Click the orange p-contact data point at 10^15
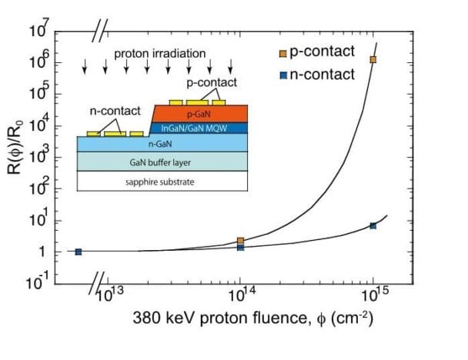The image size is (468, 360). pos(373,59)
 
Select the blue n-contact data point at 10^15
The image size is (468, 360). pos(373,225)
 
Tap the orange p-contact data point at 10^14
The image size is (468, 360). pos(240,241)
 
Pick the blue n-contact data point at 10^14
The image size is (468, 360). pos(240,248)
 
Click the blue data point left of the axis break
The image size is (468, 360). pos(79,252)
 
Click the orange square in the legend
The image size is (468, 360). pos(282,53)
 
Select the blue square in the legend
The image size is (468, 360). pos(282,75)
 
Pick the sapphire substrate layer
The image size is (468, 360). pos(162,182)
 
